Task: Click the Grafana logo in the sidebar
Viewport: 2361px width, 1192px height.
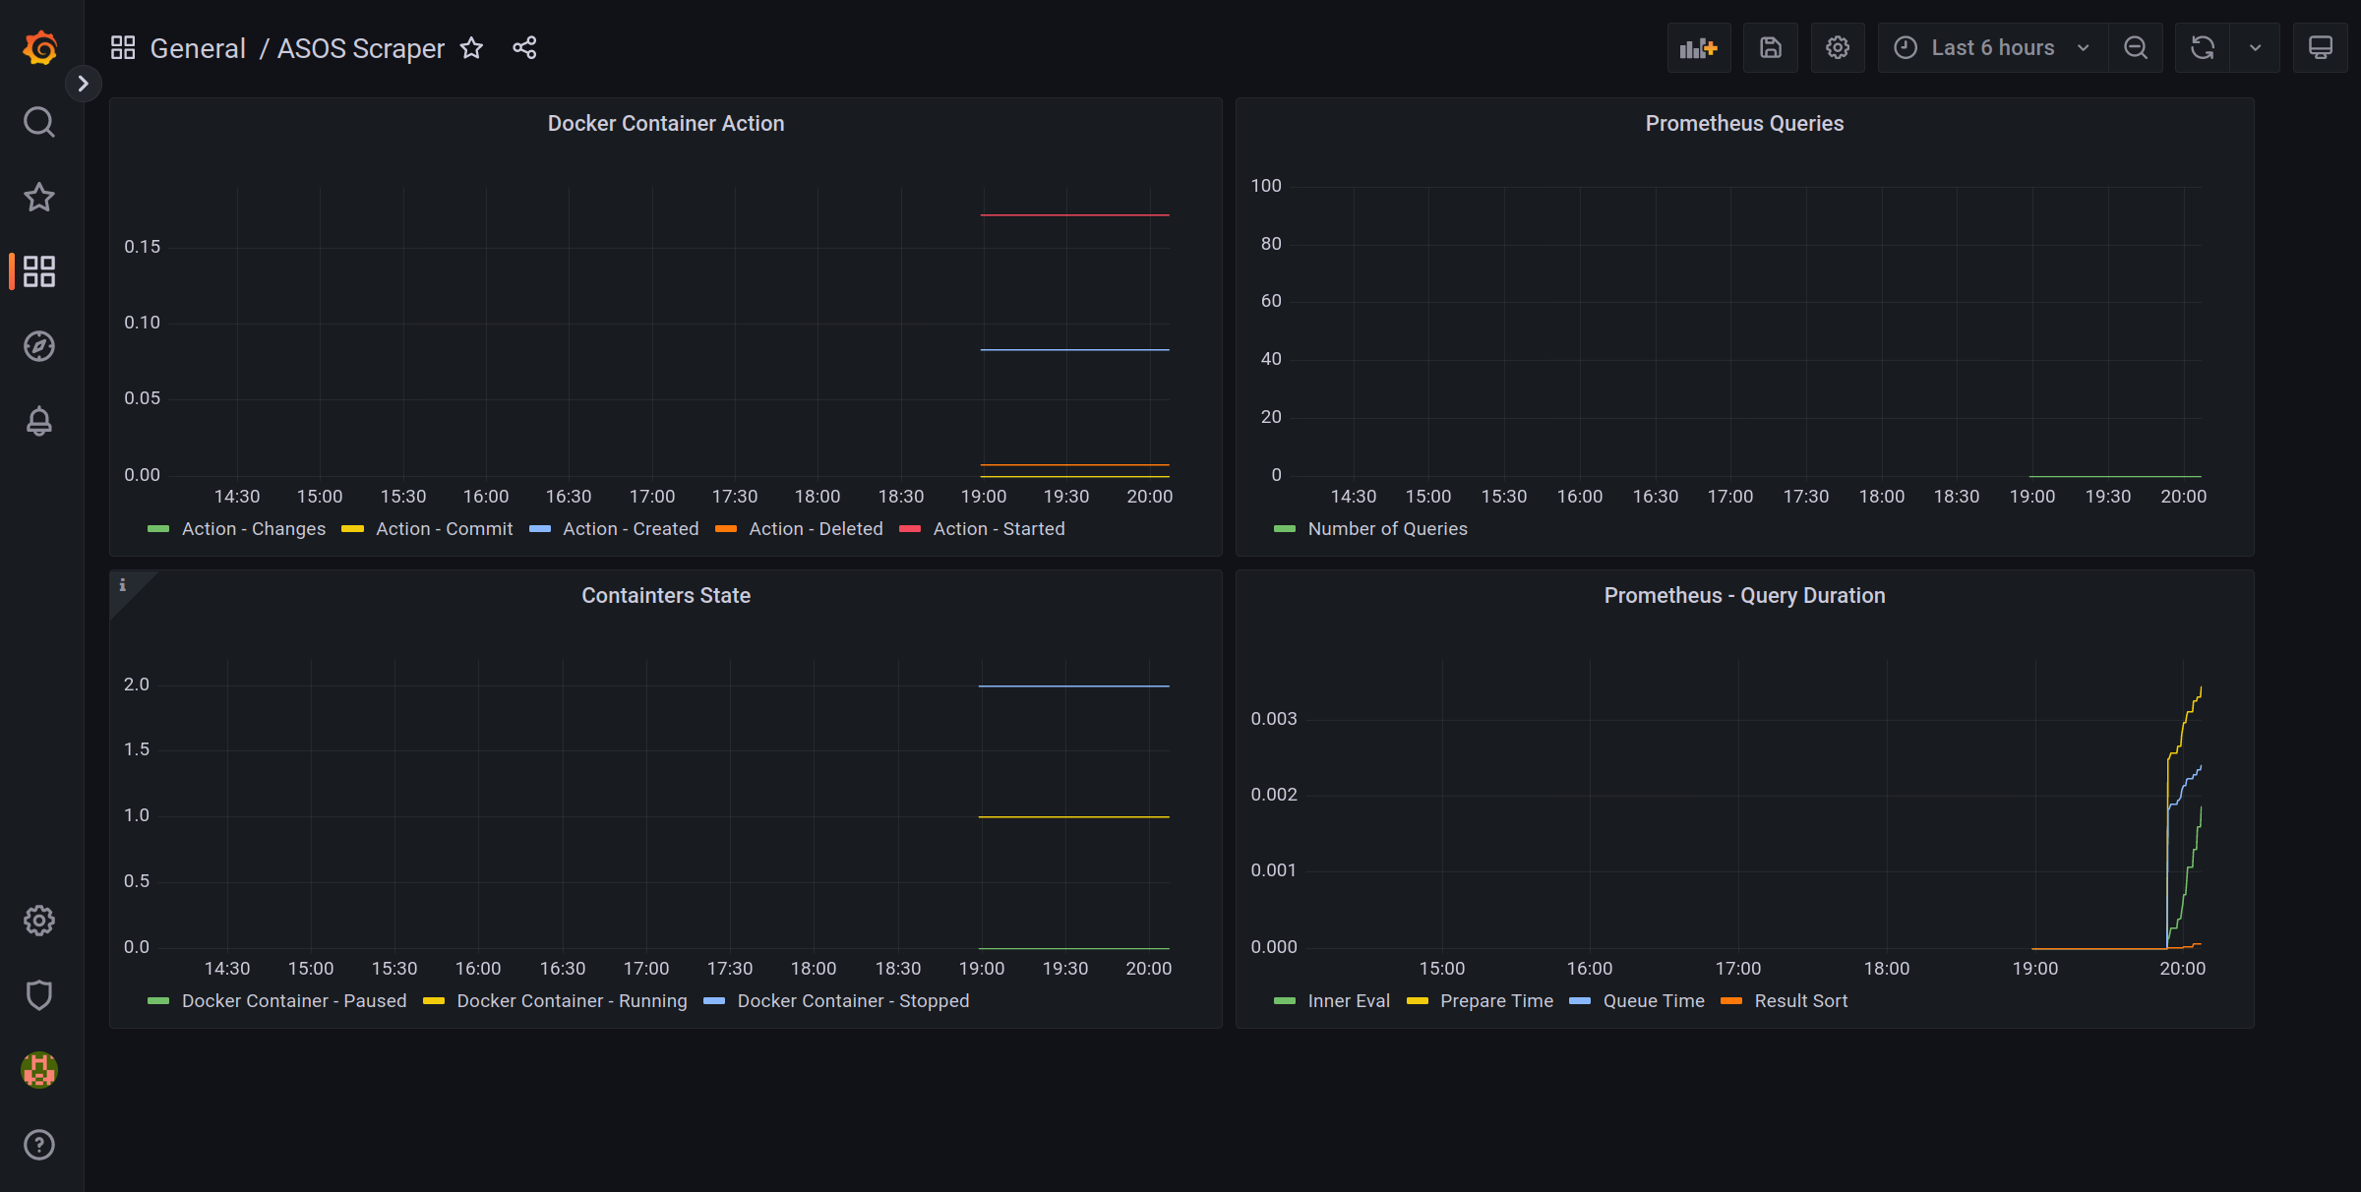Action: coord(39,47)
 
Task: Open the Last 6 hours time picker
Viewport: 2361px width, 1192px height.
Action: coord(1992,47)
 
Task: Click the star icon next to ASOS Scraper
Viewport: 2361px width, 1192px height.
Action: coord(472,47)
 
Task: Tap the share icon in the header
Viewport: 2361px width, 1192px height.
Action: coord(524,47)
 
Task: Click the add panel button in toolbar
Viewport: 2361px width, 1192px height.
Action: coord(1698,47)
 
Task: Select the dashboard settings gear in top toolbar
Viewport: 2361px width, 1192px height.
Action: coord(1837,47)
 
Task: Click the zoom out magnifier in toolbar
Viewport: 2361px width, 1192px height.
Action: coord(2135,47)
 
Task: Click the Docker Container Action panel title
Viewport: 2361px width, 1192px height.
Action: coord(665,123)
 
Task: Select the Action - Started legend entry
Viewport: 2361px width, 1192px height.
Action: coord(998,528)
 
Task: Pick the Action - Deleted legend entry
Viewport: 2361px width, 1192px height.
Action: coord(815,528)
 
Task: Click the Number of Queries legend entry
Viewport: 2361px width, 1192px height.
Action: coord(1386,528)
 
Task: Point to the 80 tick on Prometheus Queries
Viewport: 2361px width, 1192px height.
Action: coord(1271,243)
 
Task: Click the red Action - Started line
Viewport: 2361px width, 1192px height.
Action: coord(1074,214)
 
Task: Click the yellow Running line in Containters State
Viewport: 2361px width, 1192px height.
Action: coord(1074,816)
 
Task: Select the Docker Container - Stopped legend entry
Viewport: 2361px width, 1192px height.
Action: coord(852,1000)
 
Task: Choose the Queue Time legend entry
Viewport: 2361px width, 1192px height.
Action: coord(1653,1000)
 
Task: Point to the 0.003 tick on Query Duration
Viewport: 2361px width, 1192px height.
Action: coord(1273,719)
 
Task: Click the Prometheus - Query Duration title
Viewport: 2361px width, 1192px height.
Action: coord(1744,595)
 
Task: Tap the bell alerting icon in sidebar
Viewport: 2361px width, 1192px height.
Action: coord(39,421)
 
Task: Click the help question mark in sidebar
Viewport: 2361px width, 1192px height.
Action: coord(39,1145)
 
